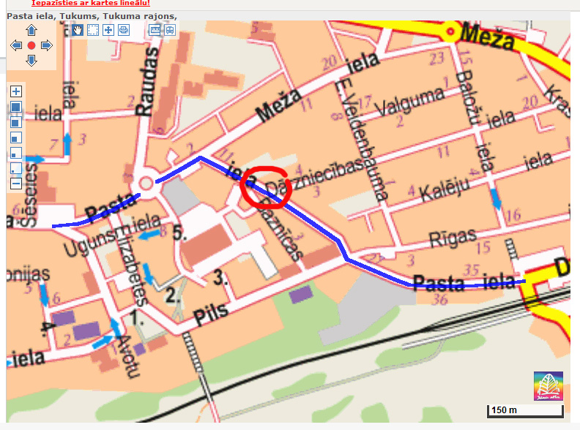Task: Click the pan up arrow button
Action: [31, 31]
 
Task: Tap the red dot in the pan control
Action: [31, 45]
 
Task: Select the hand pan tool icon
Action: [78, 30]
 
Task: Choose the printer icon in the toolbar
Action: [124, 30]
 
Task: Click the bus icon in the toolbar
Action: [169, 30]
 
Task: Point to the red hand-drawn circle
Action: [266, 187]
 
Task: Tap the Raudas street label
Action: [147, 82]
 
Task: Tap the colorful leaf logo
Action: [549, 385]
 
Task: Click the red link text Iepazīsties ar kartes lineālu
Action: [91, 4]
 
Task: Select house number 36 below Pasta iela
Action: [440, 300]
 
